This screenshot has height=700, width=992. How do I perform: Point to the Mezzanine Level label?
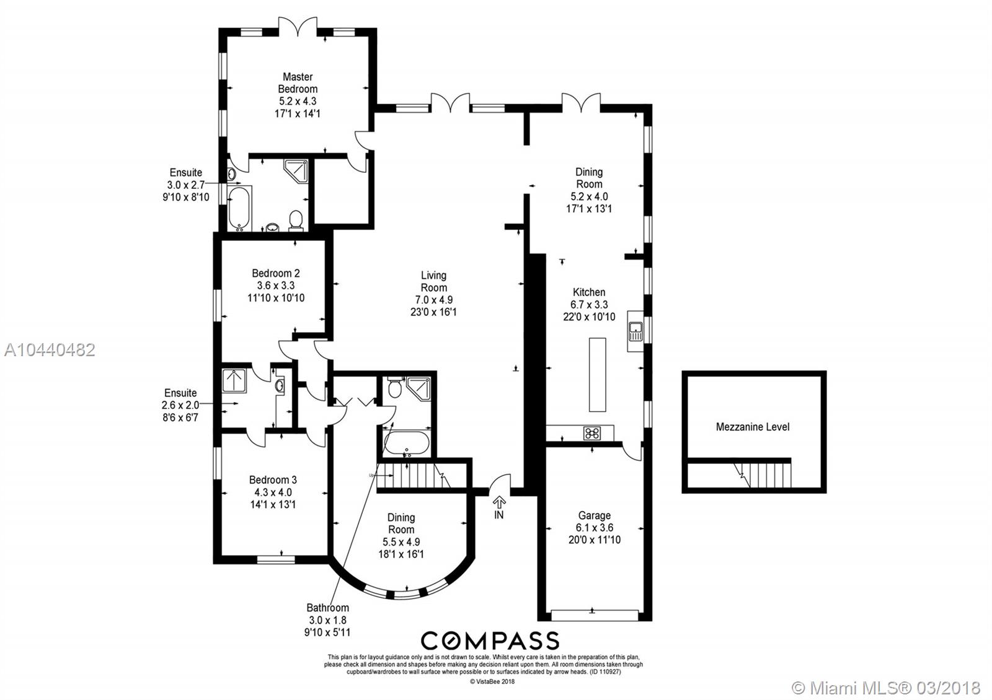coord(753,427)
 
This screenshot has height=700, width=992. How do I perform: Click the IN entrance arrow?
coord(499,502)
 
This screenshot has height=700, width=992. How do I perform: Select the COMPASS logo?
coord(490,641)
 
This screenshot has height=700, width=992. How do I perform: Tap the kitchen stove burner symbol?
coord(592,433)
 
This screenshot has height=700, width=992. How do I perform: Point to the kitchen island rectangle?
coord(597,375)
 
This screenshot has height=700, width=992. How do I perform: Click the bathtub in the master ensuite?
coord(239,208)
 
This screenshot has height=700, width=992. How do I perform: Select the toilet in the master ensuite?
coord(295,221)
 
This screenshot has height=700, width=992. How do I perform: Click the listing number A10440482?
coord(50,350)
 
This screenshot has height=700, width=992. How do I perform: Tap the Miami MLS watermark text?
coord(886,687)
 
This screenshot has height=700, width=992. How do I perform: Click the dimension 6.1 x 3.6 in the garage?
coord(595,527)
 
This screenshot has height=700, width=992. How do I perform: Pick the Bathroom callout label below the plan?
coord(328,608)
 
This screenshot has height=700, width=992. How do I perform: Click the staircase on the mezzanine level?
coord(762,475)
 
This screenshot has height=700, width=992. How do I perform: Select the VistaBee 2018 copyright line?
coord(492,682)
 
